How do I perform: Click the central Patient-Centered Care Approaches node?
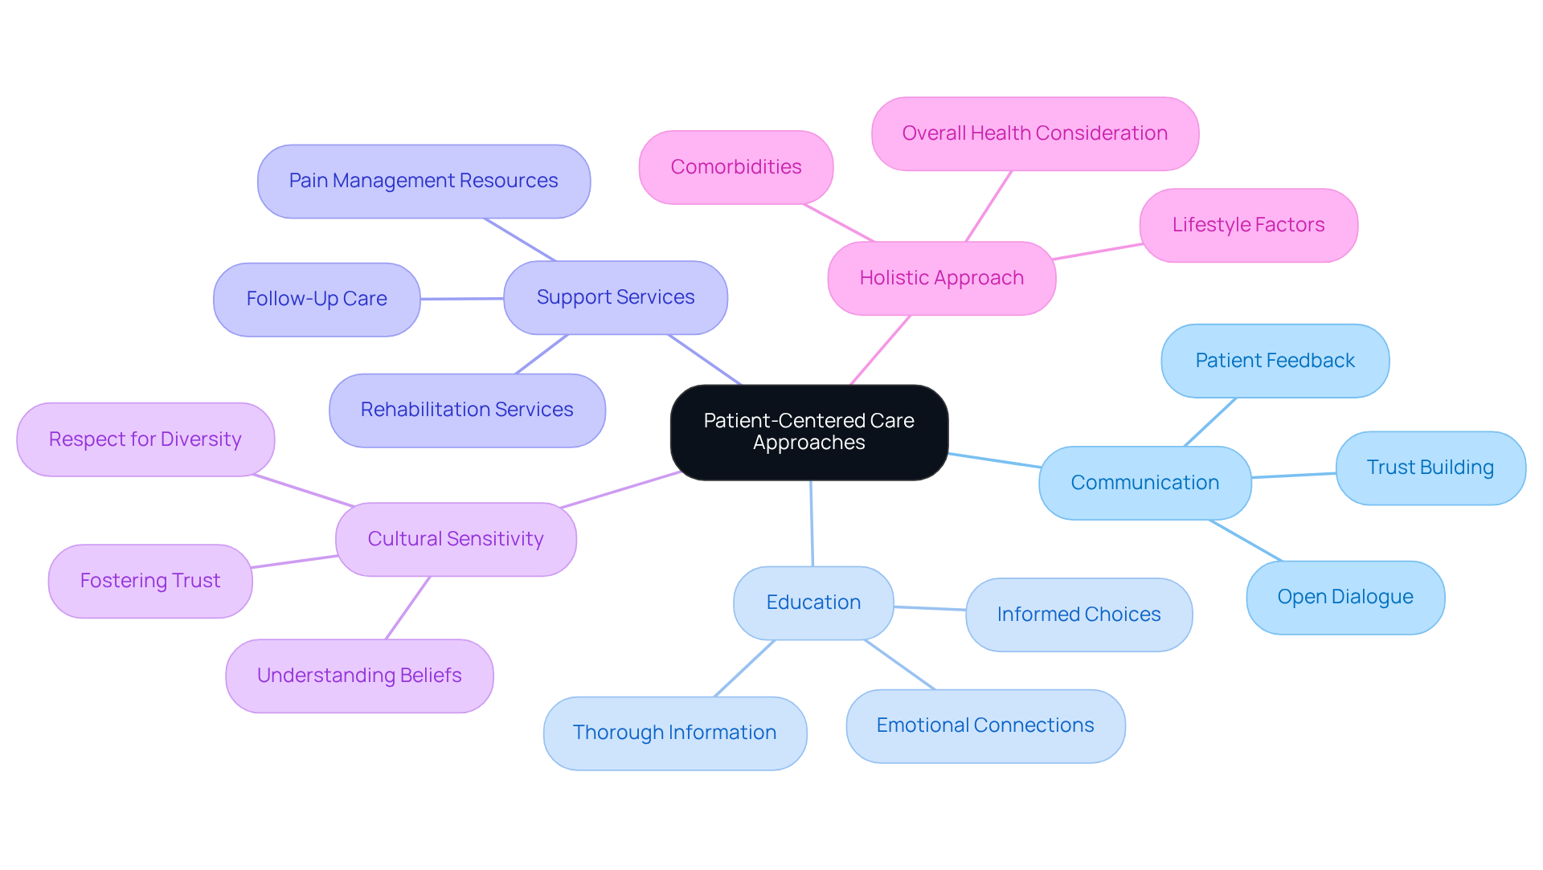808,432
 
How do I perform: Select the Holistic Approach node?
941,278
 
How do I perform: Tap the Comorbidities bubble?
735,167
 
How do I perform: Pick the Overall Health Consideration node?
1034,133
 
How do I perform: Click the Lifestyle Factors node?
1248,225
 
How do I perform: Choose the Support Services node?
615,297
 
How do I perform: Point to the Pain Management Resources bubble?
423,181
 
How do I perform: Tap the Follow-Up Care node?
316,299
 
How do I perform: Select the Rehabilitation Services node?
466,410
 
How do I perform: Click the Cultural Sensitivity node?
455,539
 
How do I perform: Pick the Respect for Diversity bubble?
145,439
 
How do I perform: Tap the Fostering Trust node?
149,581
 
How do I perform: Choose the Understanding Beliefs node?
358,676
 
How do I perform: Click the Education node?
812,602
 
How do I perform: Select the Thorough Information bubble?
674,733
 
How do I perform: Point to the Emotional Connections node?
984,725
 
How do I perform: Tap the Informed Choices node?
1078,615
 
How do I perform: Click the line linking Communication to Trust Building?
1294,476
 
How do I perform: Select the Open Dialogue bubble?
1344,597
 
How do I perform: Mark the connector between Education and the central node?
812,524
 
